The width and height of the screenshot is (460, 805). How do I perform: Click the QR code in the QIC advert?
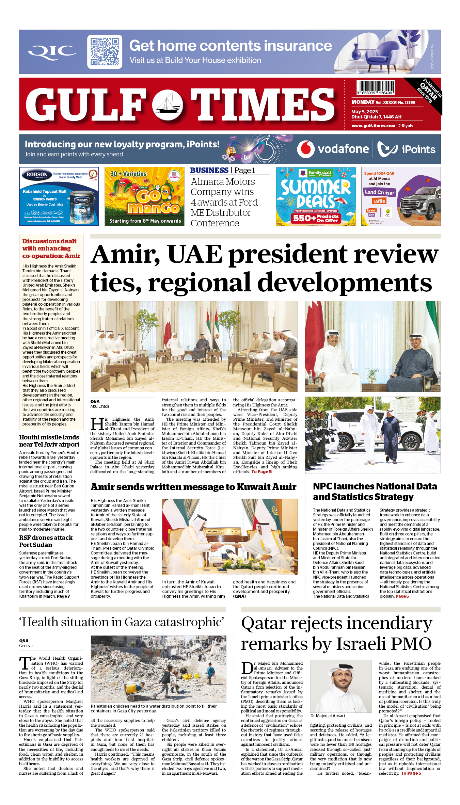(105, 52)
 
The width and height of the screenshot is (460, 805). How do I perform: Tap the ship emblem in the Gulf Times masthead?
(167, 104)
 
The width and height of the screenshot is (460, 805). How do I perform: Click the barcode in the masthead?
(376, 87)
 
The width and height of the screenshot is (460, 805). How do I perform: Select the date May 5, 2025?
(365, 112)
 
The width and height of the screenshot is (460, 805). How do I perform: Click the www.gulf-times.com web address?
(373, 126)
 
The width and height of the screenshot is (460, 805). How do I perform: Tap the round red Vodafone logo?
(305, 149)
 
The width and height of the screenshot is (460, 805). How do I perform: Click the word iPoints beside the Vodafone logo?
(418, 149)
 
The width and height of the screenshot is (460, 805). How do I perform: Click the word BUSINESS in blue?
(209, 171)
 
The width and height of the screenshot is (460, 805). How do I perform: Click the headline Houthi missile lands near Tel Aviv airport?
(49, 441)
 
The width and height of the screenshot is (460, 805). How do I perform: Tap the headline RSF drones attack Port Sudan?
(46, 541)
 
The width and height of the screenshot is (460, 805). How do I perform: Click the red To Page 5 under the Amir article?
(261, 472)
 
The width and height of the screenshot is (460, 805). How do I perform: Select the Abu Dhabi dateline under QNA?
(99, 406)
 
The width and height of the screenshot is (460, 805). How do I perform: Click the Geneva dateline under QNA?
(26, 646)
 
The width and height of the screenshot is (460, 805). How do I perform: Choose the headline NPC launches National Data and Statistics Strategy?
(375, 492)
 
